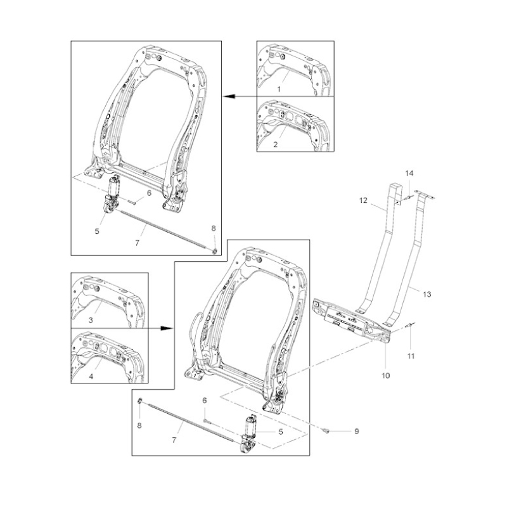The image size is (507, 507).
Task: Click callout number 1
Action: pyautogui.click(x=279, y=89)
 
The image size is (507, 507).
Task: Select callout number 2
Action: pyautogui.click(x=276, y=144)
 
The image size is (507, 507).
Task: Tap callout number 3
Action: pyautogui.click(x=91, y=320)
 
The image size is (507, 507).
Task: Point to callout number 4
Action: pyautogui.click(x=91, y=376)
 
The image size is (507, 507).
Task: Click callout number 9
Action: pyautogui.click(x=357, y=432)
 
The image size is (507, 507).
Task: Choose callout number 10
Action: pyautogui.click(x=386, y=376)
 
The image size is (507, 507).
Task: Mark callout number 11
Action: pyautogui.click(x=411, y=356)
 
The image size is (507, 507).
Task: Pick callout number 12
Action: pyautogui.click(x=363, y=200)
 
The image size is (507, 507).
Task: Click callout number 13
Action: pyautogui.click(x=427, y=294)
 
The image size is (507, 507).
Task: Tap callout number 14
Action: pyautogui.click(x=409, y=173)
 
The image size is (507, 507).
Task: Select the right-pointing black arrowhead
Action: pyautogui.click(x=167, y=328)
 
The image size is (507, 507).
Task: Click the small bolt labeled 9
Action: pyautogui.click(x=326, y=430)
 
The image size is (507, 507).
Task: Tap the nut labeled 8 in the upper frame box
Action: pyautogui.click(x=214, y=250)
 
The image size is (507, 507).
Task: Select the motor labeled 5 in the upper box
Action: pyautogui.click(x=112, y=194)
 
